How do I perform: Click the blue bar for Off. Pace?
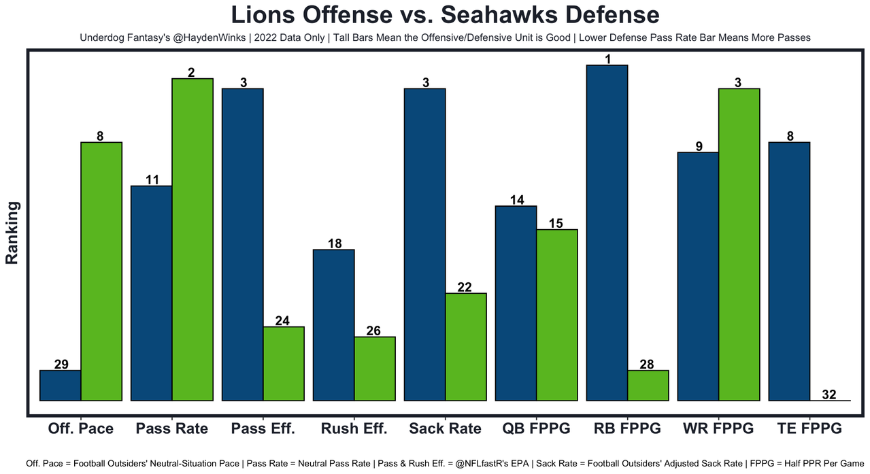click(61, 386)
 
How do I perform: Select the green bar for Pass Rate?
click(193, 239)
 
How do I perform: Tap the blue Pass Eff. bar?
click(243, 244)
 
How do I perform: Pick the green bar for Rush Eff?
click(375, 369)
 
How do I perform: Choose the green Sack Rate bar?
click(466, 347)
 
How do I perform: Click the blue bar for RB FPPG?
click(607, 233)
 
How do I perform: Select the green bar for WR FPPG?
click(739, 244)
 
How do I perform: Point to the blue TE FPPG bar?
click(790, 271)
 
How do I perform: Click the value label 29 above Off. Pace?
click(61, 365)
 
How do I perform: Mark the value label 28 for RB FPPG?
click(647, 365)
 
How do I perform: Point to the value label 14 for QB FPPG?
click(516, 200)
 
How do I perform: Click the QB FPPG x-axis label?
click(536, 428)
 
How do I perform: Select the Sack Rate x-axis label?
click(445, 428)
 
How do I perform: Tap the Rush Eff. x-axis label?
click(354, 428)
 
